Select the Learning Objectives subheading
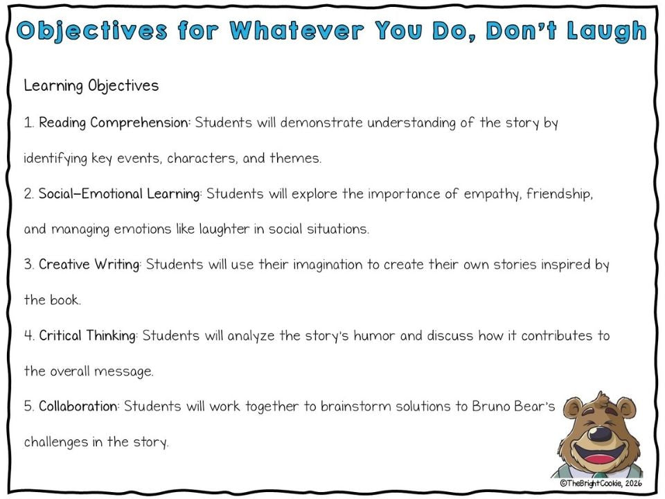91,86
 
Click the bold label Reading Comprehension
114,123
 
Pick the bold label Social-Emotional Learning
119,194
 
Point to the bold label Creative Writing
89,265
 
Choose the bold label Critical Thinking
87,336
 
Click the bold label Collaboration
78,407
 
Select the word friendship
559,194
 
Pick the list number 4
28,336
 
